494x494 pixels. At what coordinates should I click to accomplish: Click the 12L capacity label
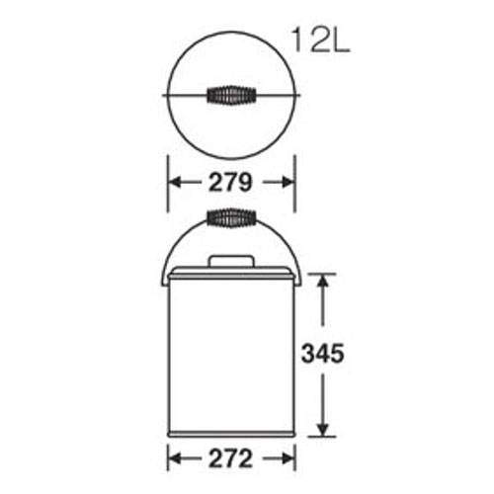[x=321, y=41]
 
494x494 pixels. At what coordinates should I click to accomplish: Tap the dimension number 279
[x=230, y=183]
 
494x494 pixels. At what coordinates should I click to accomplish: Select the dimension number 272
[x=230, y=458]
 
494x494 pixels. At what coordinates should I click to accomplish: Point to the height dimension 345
[x=323, y=353]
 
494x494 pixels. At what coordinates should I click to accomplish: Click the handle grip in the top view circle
[x=231, y=95]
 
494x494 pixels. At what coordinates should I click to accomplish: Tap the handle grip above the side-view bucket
[x=231, y=217]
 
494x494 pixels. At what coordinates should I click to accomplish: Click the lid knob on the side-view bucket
[x=231, y=261]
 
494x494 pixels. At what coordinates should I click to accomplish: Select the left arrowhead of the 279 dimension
[x=175, y=182]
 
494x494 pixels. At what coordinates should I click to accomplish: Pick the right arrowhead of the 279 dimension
[x=288, y=182]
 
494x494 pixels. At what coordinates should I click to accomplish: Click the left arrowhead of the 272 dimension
[x=175, y=458]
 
